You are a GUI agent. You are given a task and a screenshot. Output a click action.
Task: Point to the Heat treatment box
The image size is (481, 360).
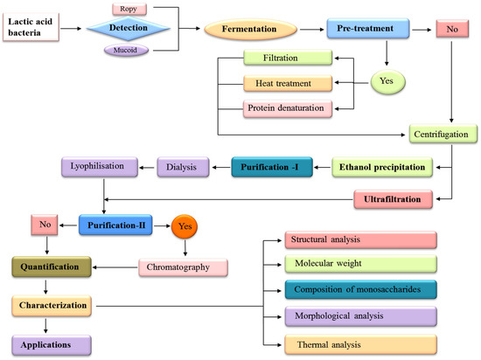point(288,84)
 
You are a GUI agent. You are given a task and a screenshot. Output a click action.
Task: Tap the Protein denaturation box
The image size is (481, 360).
point(288,108)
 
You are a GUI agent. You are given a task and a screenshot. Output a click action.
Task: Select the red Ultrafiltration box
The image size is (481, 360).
point(395,200)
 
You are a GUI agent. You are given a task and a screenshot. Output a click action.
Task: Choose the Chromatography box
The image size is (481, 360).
point(185,267)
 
